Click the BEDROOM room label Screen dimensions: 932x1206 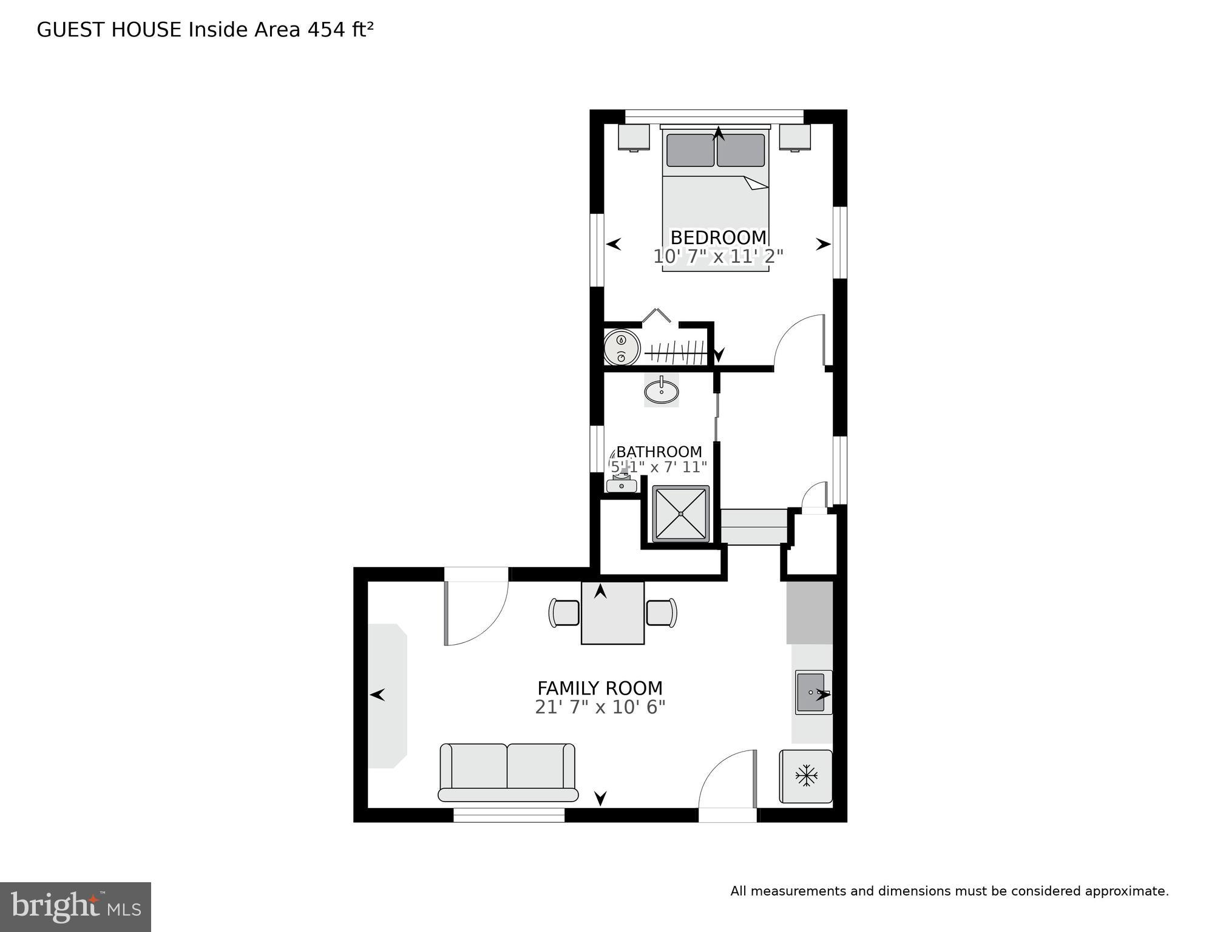click(x=718, y=237)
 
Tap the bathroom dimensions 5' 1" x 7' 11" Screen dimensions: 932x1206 click(x=659, y=467)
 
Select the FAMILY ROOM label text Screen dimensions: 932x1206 click(x=600, y=688)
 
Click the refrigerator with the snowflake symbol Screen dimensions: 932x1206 click(x=806, y=776)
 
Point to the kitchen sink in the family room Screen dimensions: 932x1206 click(x=811, y=692)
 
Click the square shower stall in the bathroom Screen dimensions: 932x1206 click(x=681, y=514)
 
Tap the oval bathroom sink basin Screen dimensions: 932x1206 click(x=661, y=392)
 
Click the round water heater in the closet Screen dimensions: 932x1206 click(x=622, y=348)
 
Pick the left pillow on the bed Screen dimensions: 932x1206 click(x=690, y=150)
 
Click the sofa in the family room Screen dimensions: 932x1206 click(x=507, y=772)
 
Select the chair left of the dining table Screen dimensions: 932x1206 click(x=564, y=613)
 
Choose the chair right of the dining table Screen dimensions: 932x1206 click(x=662, y=613)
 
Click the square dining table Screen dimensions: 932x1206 click(x=612, y=613)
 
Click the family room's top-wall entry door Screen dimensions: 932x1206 click(x=476, y=607)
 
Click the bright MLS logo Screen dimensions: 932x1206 click(x=75, y=907)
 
